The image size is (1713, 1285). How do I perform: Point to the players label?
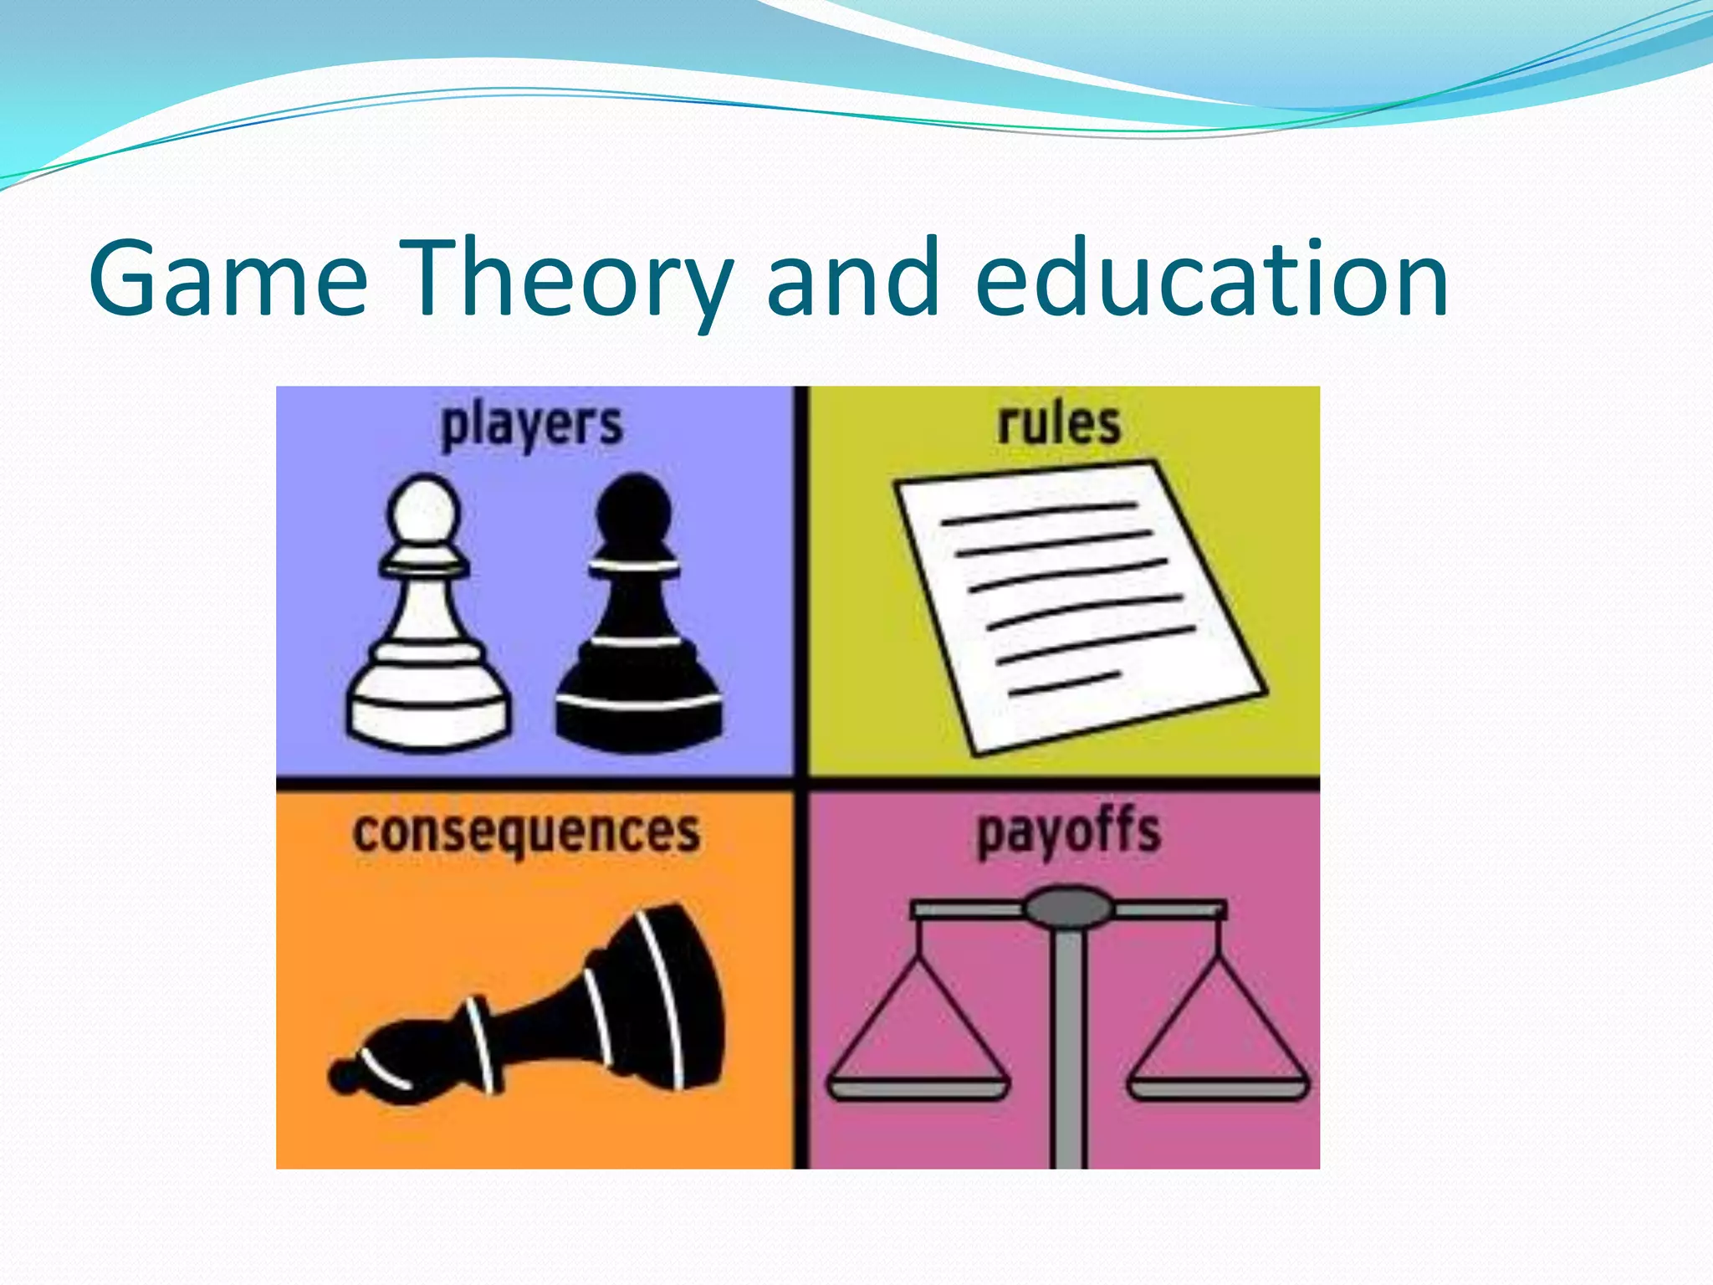[532, 425]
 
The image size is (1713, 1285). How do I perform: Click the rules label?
[1058, 423]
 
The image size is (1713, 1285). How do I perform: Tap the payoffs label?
[1069, 833]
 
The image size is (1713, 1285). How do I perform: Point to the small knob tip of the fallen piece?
[343, 1076]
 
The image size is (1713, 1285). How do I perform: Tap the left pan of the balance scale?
[918, 1088]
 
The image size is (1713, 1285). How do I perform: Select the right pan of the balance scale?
[1218, 1088]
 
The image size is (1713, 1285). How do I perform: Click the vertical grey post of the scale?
[1068, 1046]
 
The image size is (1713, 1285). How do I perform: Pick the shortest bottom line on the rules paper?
[1064, 683]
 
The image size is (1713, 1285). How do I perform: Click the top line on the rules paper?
[1039, 513]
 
